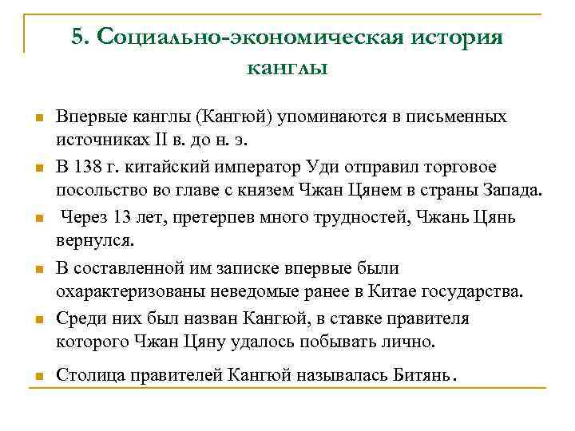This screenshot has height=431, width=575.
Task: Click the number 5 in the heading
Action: (77, 38)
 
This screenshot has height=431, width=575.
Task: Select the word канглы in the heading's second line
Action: (287, 69)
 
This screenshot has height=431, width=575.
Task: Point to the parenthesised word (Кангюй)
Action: (236, 117)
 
